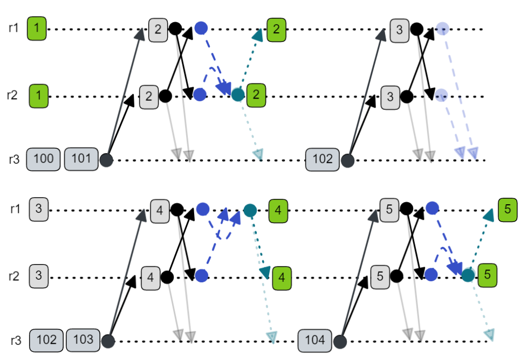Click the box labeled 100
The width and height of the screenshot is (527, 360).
coord(43,160)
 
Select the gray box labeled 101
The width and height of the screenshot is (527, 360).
coord(81,160)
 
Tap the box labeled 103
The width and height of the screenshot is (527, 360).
coord(83,341)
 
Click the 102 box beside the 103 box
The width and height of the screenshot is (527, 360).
coord(46,341)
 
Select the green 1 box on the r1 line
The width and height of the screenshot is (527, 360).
coord(36,28)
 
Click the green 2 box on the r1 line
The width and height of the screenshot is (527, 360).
coord(276,29)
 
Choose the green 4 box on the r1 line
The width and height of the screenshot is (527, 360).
coord(278,210)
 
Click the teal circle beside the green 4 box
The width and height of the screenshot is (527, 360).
coord(249,210)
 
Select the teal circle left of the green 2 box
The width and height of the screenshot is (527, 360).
coord(237,95)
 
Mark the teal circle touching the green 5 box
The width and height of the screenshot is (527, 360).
coord(468,275)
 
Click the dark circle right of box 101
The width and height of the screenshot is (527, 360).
coord(106,160)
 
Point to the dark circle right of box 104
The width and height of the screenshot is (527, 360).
coord(339,341)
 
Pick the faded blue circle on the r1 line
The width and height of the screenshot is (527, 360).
coord(442,28)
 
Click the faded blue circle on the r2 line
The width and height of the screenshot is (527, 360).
coord(441,95)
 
